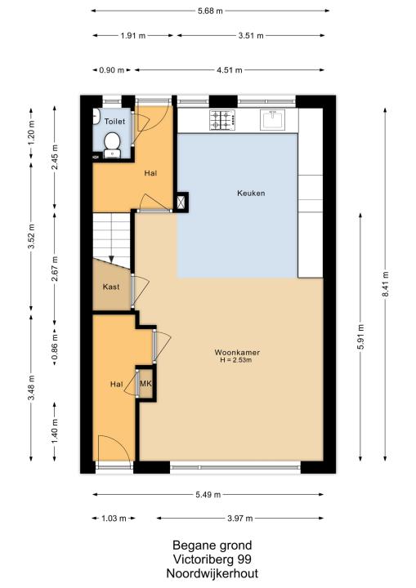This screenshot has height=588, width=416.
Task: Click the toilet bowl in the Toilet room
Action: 112,145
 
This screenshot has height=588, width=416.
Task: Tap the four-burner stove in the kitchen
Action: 222,120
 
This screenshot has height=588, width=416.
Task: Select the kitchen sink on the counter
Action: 273,119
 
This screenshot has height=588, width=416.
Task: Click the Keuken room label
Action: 251,193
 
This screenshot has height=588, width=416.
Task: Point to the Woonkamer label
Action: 237,352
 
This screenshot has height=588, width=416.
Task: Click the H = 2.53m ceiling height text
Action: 235,360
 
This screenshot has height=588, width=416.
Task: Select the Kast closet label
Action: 111,287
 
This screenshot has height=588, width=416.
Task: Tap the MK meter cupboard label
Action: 145,384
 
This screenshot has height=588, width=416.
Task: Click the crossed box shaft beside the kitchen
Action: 181,203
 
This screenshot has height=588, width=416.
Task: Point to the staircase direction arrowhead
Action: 111,260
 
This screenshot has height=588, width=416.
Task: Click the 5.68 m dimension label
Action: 210,11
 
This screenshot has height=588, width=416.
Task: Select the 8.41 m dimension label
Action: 385,284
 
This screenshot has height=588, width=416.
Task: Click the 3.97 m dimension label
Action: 240,519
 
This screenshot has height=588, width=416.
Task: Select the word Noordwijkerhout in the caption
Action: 212,573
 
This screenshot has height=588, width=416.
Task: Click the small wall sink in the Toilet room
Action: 96,116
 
